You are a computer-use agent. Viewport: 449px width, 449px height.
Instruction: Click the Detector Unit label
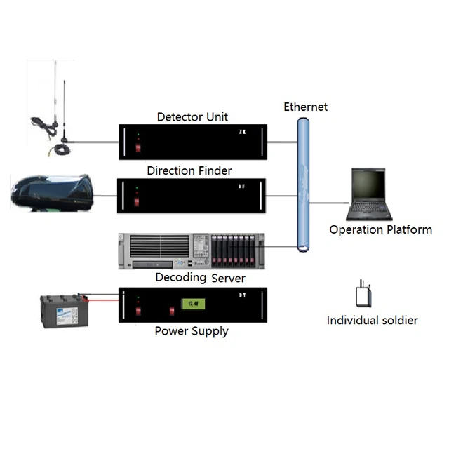coord(192,116)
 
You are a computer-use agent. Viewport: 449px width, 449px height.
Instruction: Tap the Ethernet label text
coord(305,107)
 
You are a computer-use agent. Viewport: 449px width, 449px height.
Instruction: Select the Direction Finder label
coord(189,170)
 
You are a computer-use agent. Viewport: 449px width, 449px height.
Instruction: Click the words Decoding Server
coord(200,278)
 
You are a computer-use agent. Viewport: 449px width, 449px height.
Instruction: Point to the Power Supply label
coord(192,330)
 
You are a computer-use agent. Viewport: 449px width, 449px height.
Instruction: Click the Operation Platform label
coord(380,229)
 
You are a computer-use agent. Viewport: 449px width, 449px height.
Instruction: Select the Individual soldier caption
coord(372,321)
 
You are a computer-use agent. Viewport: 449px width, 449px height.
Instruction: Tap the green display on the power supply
coord(190,304)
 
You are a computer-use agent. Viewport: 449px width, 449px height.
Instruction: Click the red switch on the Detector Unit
coord(138,147)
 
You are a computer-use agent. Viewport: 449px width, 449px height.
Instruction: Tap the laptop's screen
coord(369,185)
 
